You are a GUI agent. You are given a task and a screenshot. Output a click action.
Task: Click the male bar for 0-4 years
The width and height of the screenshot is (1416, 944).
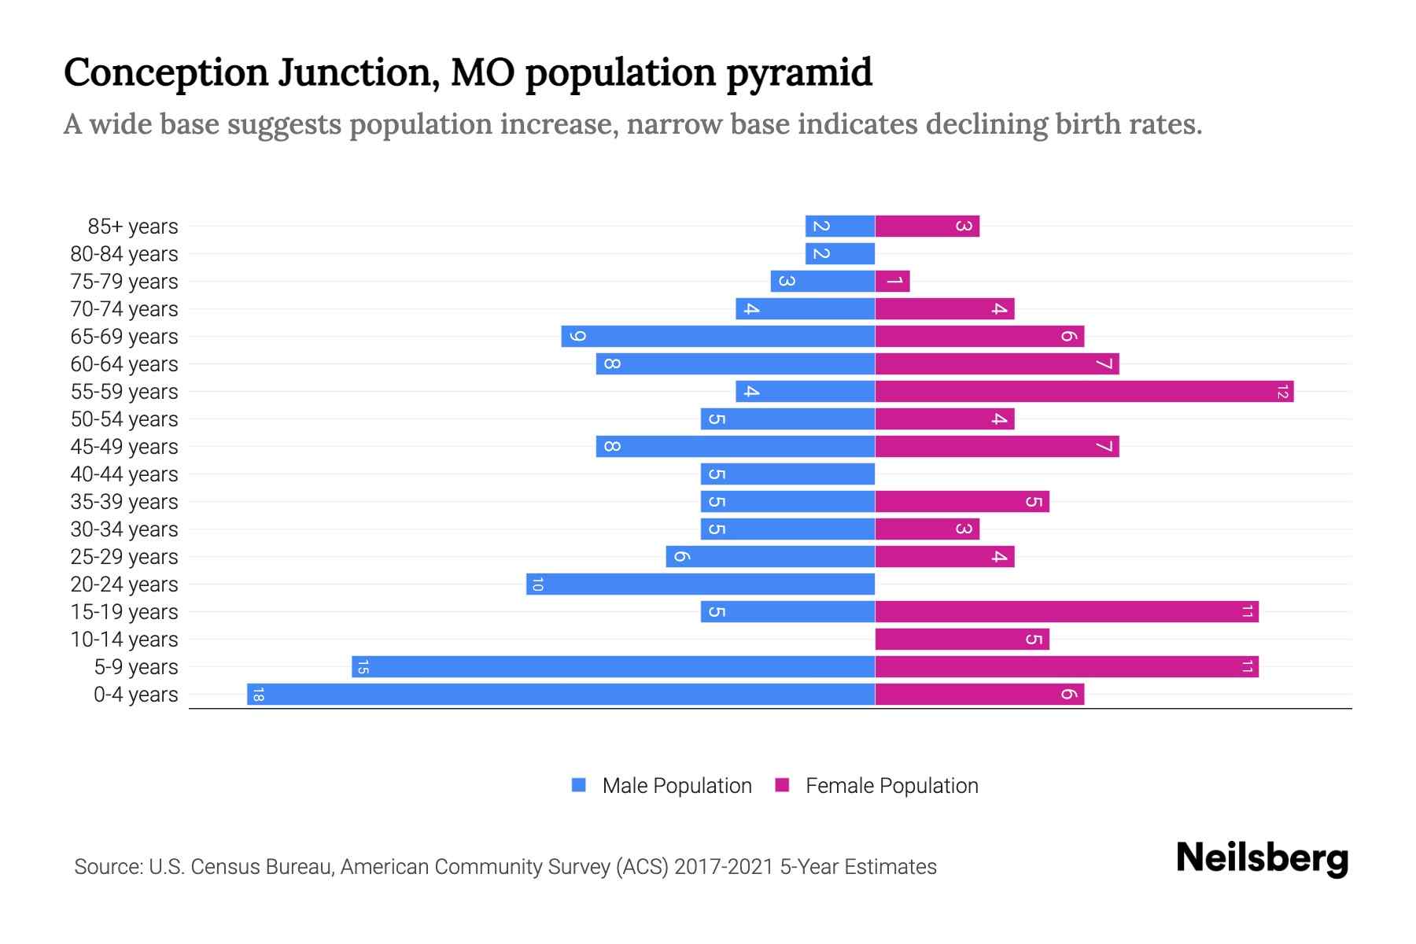click(x=560, y=694)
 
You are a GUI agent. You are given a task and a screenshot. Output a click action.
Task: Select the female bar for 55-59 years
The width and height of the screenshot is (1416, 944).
click(x=1084, y=391)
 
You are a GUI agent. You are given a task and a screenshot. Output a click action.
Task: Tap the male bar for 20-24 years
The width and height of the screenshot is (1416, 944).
click(x=700, y=584)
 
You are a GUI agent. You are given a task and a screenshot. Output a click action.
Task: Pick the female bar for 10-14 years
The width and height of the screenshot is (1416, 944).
click(x=961, y=639)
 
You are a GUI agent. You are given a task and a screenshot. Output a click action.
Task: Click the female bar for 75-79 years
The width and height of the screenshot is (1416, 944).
click(x=892, y=281)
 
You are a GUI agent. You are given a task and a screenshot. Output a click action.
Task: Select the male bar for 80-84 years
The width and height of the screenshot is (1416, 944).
click(x=839, y=253)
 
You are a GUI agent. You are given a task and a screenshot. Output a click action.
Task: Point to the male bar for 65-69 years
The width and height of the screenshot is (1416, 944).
click(x=717, y=336)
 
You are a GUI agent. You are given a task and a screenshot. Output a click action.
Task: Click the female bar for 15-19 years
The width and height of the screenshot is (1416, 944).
click(x=1066, y=611)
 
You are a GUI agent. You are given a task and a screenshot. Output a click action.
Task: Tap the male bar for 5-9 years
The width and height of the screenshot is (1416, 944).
click(x=613, y=666)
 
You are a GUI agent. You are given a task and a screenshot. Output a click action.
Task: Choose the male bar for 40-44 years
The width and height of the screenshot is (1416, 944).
click(x=787, y=474)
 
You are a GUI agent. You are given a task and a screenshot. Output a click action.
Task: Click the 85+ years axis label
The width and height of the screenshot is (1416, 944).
click(x=132, y=227)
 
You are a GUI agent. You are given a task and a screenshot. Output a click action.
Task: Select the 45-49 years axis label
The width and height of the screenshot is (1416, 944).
click(x=124, y=447)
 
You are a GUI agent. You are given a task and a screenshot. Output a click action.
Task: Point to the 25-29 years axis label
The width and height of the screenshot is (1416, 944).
click(x=124, y=557)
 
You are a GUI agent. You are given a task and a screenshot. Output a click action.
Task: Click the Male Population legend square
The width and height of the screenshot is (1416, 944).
click(x=579, y=785)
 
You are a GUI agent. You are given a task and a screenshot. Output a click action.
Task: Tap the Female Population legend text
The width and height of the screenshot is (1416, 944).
click(x=891, y=785)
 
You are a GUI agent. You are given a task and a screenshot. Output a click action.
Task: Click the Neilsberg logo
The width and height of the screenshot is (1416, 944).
click(x=1262, y=858)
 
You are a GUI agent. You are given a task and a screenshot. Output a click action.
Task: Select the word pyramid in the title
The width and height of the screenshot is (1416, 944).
click(x=798, y=72)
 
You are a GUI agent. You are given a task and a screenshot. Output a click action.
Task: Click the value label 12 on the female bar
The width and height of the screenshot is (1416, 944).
click(x=1282, y=391)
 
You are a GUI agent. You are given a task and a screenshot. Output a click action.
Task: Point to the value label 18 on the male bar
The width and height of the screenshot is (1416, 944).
click(x=258, y=694)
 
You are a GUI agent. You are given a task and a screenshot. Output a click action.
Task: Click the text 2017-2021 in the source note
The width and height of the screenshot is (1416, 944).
click(x=723, y=867)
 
